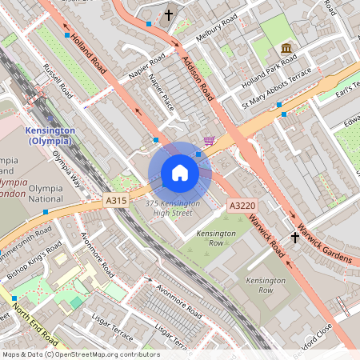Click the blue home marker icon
[x=180, y=173]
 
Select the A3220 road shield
[x=242, y=206]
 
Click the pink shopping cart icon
[x=209, y=142]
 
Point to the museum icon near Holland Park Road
[x=286, y=58]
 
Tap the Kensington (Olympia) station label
[x=50, y=135]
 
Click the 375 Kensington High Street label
[x=174, y=208]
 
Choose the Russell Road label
[x=58, y=81]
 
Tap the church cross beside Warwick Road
[x=294, y=238]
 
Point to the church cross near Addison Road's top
[x=169, y=14]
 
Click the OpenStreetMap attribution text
[x=80, y=354]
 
